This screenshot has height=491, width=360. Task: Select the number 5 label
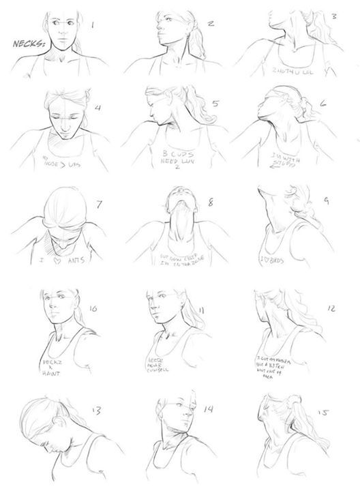point(215,105)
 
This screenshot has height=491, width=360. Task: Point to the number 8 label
point(210,202)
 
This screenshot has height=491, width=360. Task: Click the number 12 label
point(331,308)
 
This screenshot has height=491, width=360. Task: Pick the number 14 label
point(209,409)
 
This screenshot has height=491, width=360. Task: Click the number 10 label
point(93,308)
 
